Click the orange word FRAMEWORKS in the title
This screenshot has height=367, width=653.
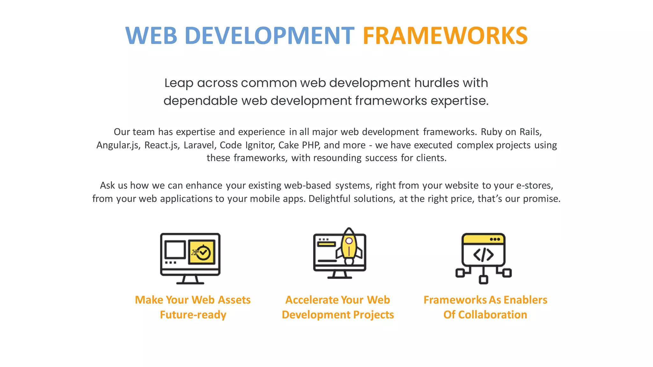pos(445,36)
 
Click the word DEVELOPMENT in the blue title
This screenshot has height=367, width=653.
pos(269,36)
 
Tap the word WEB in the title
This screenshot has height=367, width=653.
pos(151,36)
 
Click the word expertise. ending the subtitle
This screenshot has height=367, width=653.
pos(459,101)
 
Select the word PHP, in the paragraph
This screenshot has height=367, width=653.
pos(311,145)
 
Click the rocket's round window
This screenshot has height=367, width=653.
pos(349,241)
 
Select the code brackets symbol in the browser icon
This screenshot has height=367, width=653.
pos(483,255)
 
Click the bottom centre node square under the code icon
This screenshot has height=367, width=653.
pos(483,280)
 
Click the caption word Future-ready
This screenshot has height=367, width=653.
pos(193,315)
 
